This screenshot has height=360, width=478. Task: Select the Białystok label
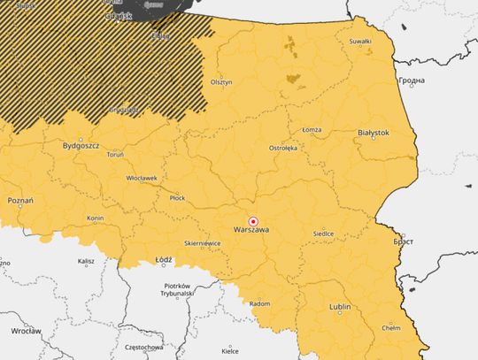point(373,132)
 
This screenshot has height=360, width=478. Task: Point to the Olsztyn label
point(221,82)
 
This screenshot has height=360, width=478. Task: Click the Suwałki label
point(360,42)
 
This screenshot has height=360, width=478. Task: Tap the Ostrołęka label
point(283,148)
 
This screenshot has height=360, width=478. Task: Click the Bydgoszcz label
point(81,144)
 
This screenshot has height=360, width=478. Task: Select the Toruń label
point(115,154)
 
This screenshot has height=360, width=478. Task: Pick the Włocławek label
point(142,178)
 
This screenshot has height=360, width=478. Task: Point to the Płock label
point(178,197)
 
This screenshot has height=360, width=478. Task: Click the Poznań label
point(19,201)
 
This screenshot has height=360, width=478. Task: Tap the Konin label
point(96,218)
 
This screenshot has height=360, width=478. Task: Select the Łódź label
point(163,261)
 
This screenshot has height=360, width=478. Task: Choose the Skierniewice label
point(203,242)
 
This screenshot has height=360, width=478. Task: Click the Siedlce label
point(324,234)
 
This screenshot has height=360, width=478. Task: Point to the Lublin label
point(340,307)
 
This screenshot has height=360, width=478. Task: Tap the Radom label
point(260,303)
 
